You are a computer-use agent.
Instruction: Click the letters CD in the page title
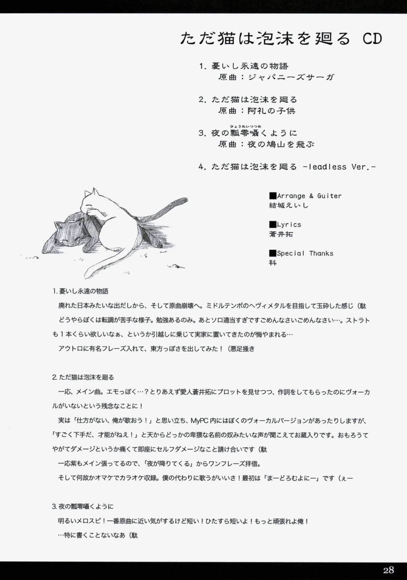[372, 39]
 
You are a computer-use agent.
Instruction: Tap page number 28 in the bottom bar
[388, 570]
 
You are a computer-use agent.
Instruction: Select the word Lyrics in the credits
[289, 225]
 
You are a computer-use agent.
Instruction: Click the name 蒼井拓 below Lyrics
[281, 234]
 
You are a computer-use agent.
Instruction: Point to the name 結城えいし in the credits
[289, 205]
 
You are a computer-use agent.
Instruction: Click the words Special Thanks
[305, 254]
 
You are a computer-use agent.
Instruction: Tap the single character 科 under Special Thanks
[273, 263]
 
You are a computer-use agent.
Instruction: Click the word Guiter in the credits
[329, 196]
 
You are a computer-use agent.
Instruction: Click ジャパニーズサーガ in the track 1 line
[291, 77]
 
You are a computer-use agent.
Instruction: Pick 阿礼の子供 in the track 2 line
[271, 111]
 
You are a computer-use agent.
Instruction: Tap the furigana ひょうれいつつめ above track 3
[246, 126]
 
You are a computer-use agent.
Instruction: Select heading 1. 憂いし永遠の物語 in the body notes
[80, 291]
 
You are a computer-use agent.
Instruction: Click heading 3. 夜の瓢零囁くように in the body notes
[82, 506]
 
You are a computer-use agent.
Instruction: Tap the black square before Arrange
[273, 196]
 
